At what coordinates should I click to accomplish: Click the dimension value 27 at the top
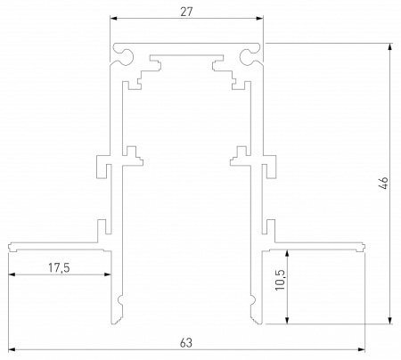click(188, 12)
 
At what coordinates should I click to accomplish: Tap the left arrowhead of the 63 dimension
click(12, 349)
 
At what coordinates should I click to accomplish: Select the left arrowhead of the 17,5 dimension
click(12, 275)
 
